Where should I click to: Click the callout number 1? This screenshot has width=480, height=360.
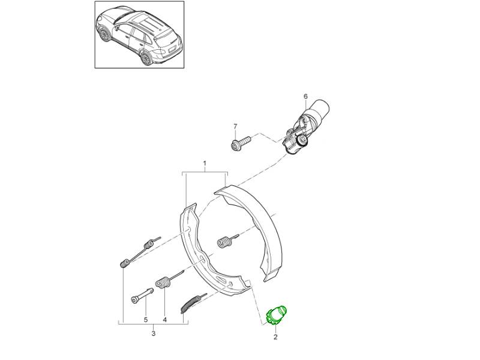coord(205,163)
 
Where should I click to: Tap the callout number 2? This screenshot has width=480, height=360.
coord(275,337)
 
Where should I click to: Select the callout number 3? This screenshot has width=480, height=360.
coord(154,334)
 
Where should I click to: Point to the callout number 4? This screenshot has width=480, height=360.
coord(164,320)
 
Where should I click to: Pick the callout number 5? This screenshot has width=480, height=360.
coord(146,320)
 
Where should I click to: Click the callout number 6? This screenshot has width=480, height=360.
coord(305,97)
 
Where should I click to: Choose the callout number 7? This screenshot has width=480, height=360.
coord(235,126)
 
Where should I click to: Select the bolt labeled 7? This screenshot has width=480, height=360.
coord(241,143)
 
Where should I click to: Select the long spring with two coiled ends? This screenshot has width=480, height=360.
coord(139,252)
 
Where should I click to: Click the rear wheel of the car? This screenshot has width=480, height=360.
coord(146,58)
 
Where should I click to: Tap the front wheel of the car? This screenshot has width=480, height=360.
coord(105,34)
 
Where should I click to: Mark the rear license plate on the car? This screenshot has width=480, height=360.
coord(172,49)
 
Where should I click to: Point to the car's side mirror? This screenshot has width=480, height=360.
coord(117,29)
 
